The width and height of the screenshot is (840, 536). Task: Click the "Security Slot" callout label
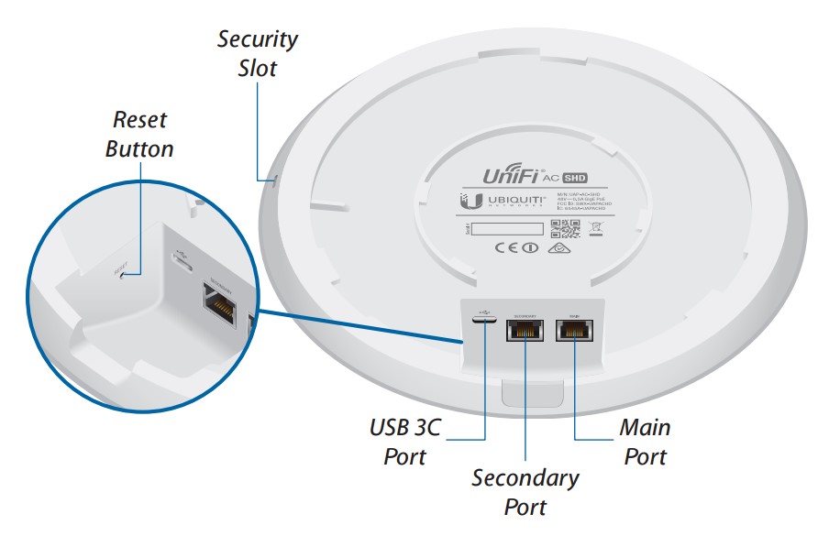point(258,53)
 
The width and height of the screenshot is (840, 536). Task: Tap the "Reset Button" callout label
point(139,134)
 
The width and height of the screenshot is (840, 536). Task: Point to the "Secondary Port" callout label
point(525,492)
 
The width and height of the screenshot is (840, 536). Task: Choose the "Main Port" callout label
point(645,441)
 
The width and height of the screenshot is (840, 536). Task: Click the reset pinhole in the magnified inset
point(118,272)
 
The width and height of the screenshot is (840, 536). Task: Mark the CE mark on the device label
point(507,247)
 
